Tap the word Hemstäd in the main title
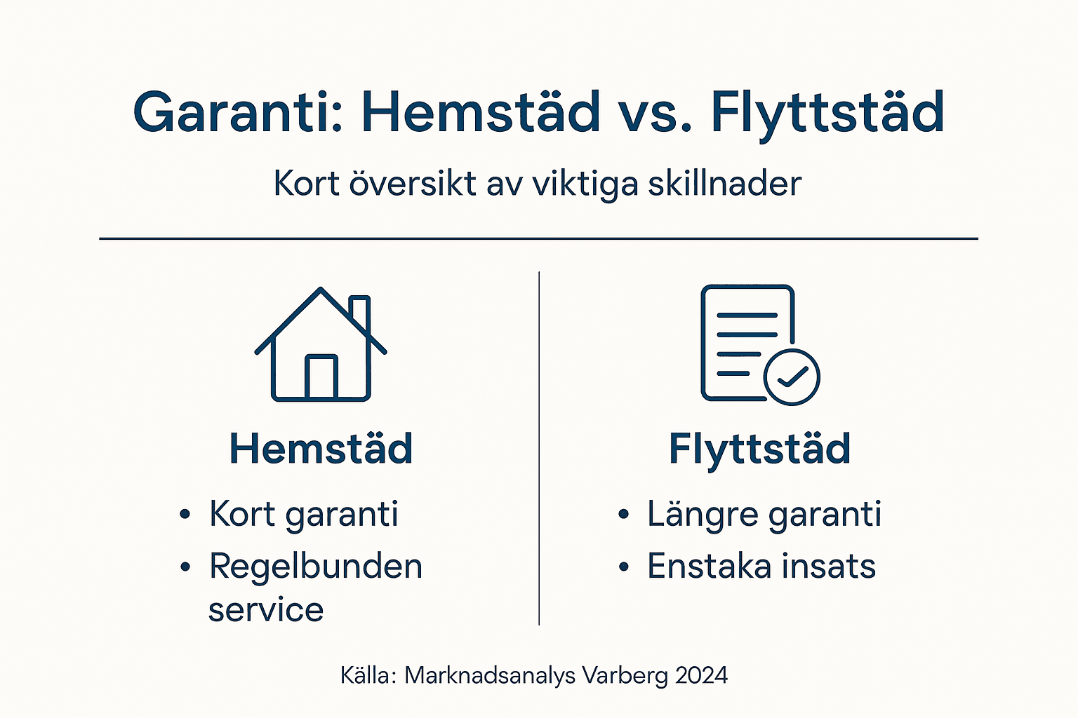coord(481,112)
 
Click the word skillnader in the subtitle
coord(724,184)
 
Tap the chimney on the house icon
coord(360,313)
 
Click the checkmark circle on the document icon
coord(792,377)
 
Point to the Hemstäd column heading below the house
coord(321,449)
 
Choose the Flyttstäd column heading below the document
coord(759,449)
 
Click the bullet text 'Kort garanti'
coord(303,515)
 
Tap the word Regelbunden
coord(316,567)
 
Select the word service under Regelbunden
coord(266,610)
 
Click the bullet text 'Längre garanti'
coord(764,515)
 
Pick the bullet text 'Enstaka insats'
coord(761,567)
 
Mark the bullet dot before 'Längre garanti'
coord(623,515)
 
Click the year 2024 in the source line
coord(701,675)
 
